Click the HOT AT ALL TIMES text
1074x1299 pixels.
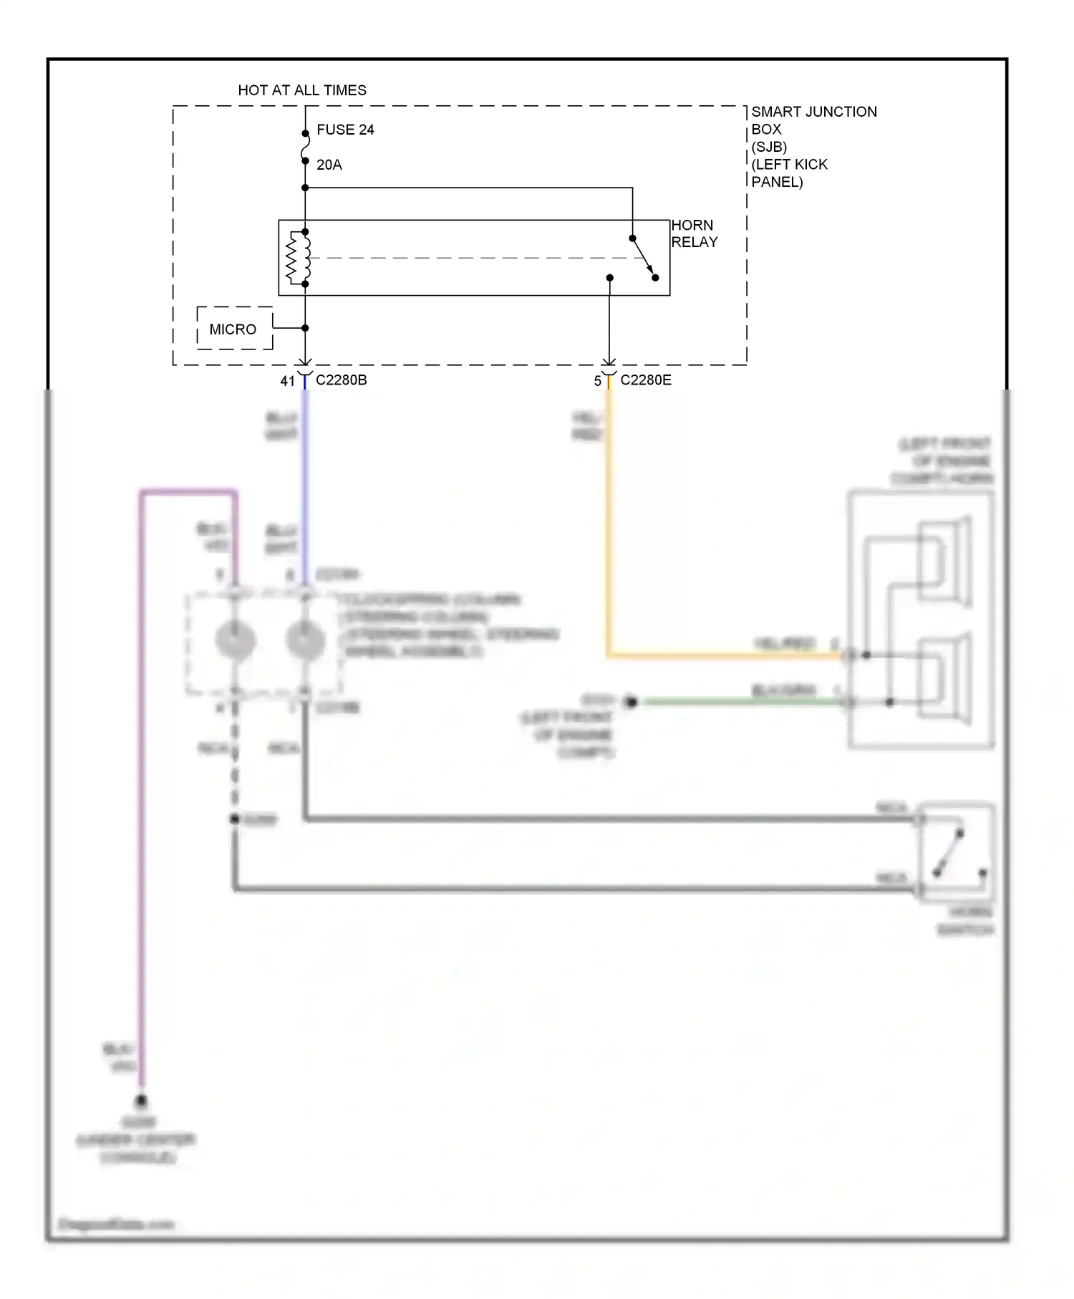point(301,90)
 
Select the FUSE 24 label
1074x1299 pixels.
point(345,130)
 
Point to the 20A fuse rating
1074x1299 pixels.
point(329,165)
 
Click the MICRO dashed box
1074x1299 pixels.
point(234,329)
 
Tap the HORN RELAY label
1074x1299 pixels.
point(693,233)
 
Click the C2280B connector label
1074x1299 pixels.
point(341,380)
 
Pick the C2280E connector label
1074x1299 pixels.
point(645,380)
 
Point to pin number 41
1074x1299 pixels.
point(287,381)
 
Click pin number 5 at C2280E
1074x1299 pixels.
point(597,381)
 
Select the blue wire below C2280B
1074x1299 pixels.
point(305,487)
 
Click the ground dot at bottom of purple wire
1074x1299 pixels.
point(142,1101)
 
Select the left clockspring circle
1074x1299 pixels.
point(236,639)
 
